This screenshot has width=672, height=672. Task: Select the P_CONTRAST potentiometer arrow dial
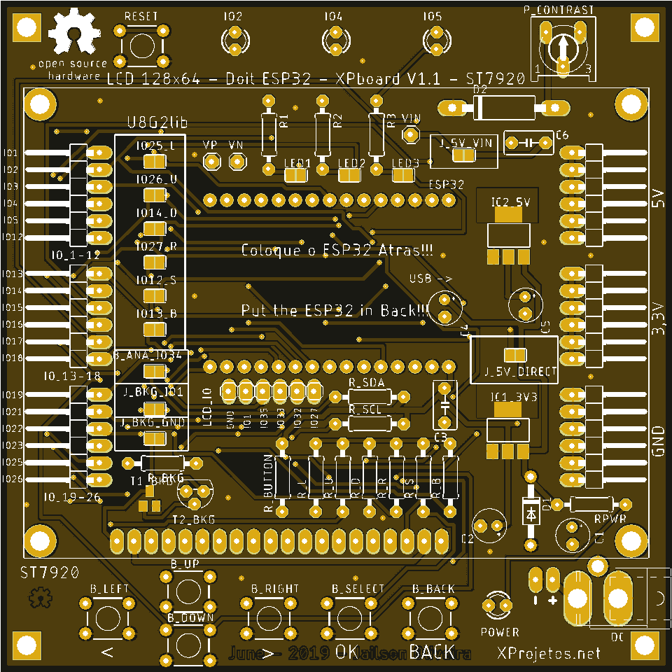[x=563, y=48]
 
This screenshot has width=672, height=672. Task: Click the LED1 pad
[x=296, y=174]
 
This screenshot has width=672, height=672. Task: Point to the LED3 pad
[x=402, y=174]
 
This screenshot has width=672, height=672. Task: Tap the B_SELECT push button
[x=349, y=619]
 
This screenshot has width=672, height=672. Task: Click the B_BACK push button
[x=428, y=619]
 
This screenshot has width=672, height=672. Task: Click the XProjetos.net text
[x=549, y=653]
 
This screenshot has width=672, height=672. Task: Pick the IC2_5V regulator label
[x=511, y=202]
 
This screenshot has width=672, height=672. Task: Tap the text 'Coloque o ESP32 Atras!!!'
[x=336, y=251]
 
